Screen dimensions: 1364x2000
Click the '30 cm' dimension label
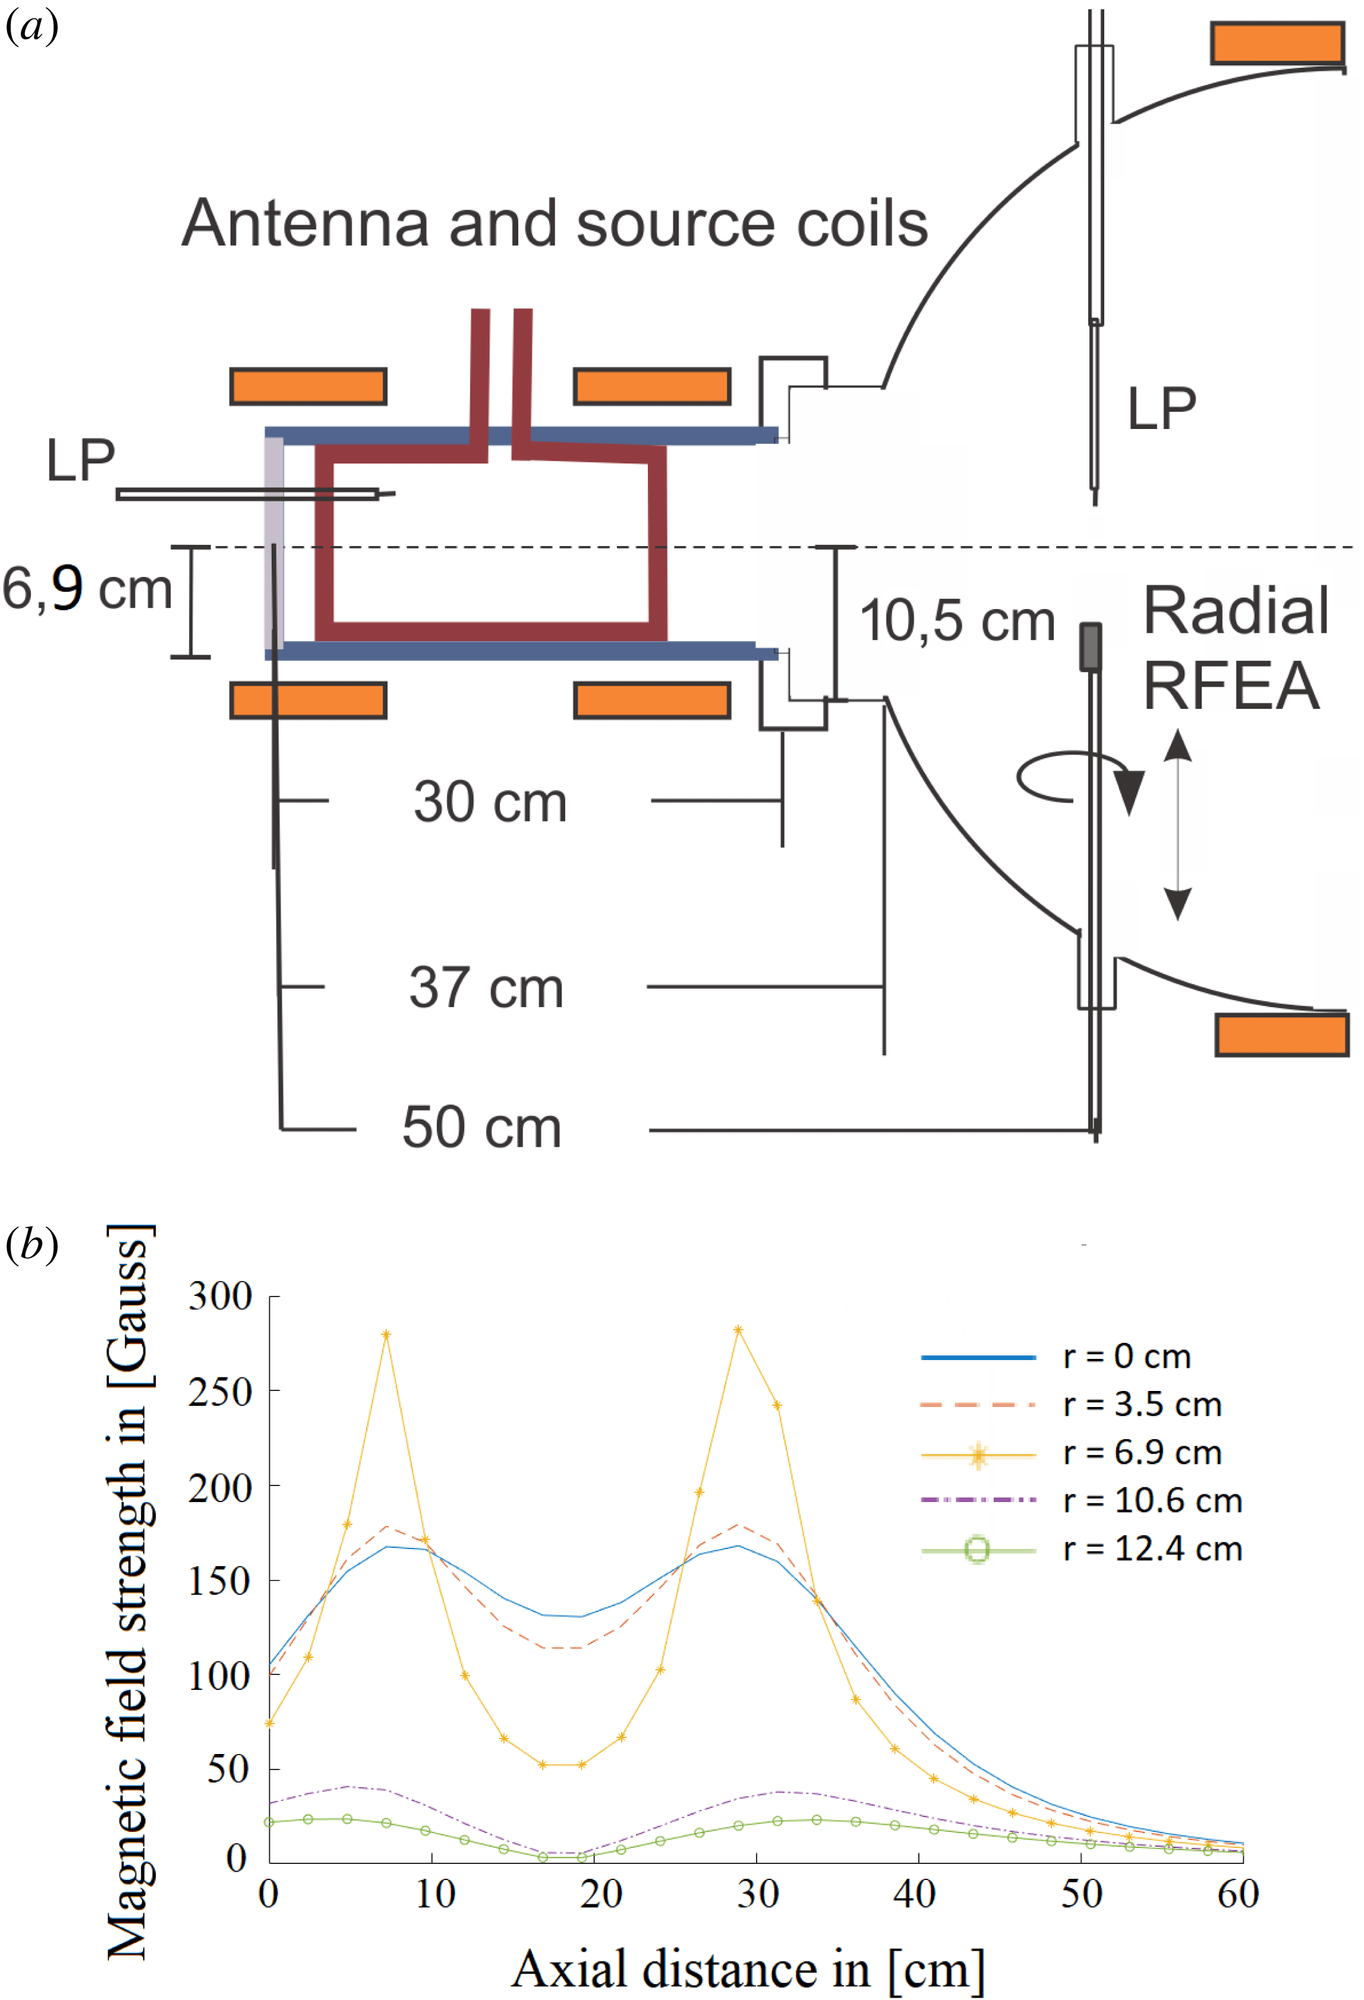(490, 802)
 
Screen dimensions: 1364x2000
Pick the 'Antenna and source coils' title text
(555, 223)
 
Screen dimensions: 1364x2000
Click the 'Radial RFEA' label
(1236, 648)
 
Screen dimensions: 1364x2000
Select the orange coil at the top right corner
(1277, 43)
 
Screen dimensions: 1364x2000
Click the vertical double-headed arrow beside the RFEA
(1177, 825)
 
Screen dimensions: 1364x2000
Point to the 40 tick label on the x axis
(915, 1894)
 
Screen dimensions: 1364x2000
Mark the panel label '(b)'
(32, 1245)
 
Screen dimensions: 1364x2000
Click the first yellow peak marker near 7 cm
(386, 1335)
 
